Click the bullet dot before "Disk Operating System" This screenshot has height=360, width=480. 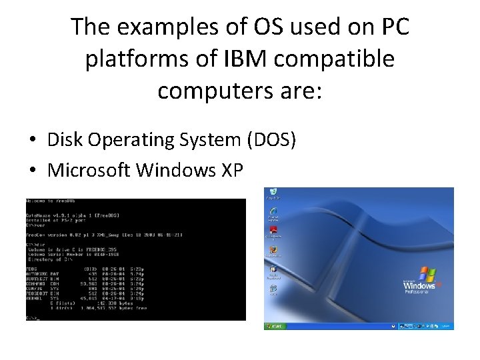tap(32, 141)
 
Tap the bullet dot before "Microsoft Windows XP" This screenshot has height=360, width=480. tap(32, 171)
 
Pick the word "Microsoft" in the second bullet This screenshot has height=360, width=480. tap(89, 170)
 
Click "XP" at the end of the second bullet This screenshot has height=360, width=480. tap(230, 170)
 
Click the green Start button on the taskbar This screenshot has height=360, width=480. tap(275, 326)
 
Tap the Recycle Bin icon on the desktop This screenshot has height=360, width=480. tap(273, 193)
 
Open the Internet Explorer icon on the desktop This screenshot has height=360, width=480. tap(273, 213)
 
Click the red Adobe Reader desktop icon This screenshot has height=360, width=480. tap(273, 231)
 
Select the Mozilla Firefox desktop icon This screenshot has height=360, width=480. tap(273, 251)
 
